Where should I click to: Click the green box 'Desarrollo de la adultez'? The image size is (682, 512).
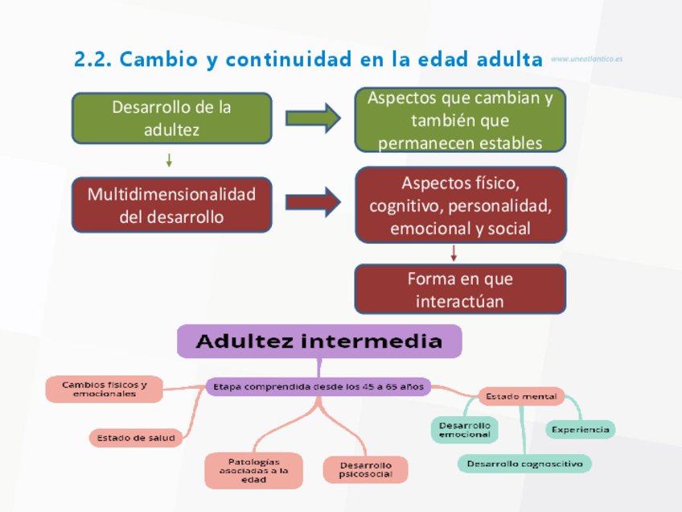click(171, 118)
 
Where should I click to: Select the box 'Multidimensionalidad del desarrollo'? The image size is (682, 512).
click(171, 205)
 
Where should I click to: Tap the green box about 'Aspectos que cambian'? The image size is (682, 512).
click(460, 120)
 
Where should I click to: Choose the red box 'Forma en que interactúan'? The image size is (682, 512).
click(460, 290)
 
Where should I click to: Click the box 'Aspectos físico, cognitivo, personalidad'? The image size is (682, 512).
click(460, 205)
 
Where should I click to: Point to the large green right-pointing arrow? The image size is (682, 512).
click(313, 118)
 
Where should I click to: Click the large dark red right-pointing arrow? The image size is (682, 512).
click(313, 201)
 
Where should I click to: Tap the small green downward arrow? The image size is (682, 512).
click(169, 160)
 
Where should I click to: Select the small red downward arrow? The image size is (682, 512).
click(454, 254)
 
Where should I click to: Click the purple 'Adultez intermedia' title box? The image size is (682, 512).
click(319, 341)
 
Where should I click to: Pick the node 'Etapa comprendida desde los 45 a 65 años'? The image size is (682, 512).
click(316, 386)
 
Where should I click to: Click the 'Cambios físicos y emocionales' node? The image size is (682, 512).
click(105, 389)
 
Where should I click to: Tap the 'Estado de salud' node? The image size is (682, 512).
click(136, 438)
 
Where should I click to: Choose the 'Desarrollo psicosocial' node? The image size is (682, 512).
click(365, 470)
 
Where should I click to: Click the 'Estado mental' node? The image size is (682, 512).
click(521, 396)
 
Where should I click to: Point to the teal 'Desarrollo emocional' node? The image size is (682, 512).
click(464, 429)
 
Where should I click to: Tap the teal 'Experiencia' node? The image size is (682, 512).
click(580, 429)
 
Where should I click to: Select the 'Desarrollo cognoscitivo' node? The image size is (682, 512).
click(524, 464)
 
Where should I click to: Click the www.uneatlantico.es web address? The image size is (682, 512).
click(587, 60)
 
